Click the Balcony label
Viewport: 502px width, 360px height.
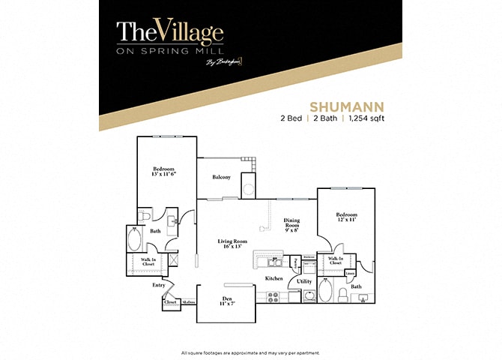pos(221,178)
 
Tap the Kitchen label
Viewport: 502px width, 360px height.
pos(274,278)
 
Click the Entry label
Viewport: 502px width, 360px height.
pos(159,285)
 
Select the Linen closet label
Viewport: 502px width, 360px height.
pos(351,274)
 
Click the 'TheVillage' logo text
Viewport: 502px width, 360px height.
pos(170,32)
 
